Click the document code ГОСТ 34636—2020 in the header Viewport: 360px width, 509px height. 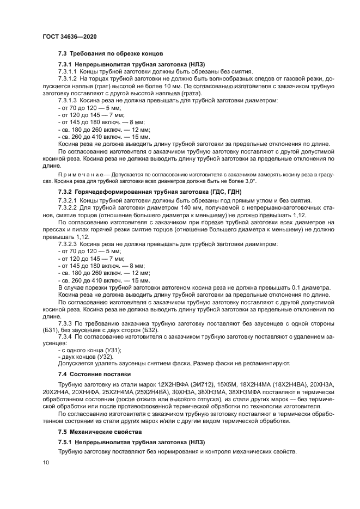tap(70, 37)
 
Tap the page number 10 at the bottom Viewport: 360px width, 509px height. tap(46, 462)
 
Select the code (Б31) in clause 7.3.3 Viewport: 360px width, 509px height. tap(52, 330)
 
